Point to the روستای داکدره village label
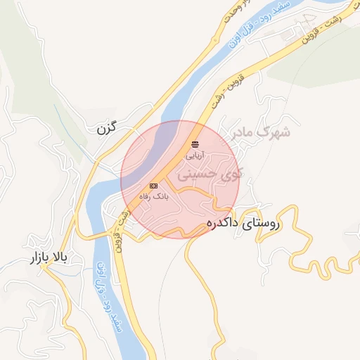click(x=243, y=225)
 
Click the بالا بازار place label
click(x=45, y=259)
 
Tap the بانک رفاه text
click(x=153, y=196)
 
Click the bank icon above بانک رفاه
click(x=153, y=186)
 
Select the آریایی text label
click(x=195, y=153)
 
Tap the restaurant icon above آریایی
click(x=195, y=143)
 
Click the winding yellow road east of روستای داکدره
click(x=309, y=246)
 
